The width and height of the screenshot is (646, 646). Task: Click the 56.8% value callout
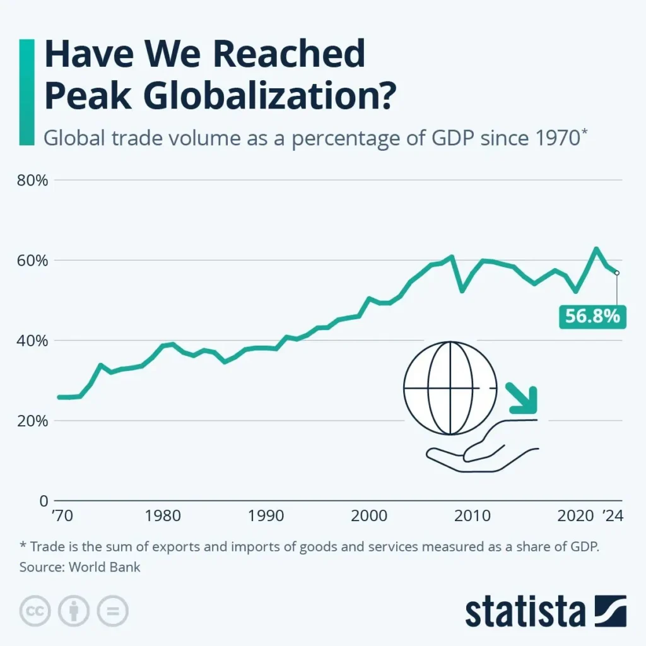(592, 315)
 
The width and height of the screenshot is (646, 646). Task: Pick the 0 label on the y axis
(43, 501)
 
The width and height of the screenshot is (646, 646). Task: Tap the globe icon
(450, 388)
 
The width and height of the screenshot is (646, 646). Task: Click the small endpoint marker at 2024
(617, 273)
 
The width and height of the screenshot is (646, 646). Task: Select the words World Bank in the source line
(105, 567)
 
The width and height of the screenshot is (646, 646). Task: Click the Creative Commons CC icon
(36, 611)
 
